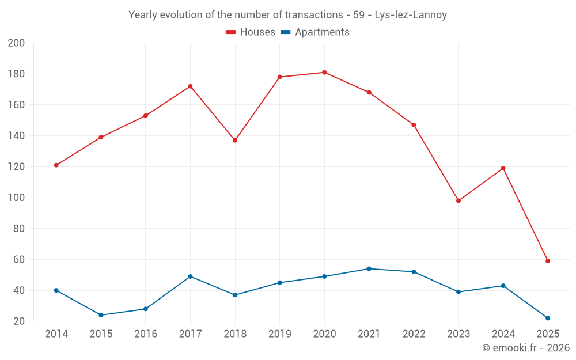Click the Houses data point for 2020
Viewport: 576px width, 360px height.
[324, 73]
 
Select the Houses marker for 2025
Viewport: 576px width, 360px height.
[548, 261]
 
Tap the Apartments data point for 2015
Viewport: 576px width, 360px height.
[101, 315]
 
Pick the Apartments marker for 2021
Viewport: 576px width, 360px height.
[369, 269]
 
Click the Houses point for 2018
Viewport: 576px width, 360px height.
[235, 141]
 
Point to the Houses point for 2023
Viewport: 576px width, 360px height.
[458, 201]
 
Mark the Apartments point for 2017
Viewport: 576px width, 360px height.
[190, 276]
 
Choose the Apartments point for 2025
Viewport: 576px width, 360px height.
[548, 318]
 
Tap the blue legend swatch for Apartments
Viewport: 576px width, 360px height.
[285, 32]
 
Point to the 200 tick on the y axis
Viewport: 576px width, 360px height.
[17, 43]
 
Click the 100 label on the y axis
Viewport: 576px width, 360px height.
[17, 198]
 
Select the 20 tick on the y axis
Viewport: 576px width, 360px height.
[19, 321]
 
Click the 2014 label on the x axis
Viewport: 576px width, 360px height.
[56, 334]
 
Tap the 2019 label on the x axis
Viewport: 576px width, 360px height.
[280, 334]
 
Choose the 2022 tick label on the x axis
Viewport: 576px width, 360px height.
[414, 334]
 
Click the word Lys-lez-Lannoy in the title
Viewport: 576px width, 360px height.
[411, 15]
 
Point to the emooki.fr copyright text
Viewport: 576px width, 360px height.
[526, 348]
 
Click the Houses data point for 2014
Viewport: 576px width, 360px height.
[56, 165]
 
